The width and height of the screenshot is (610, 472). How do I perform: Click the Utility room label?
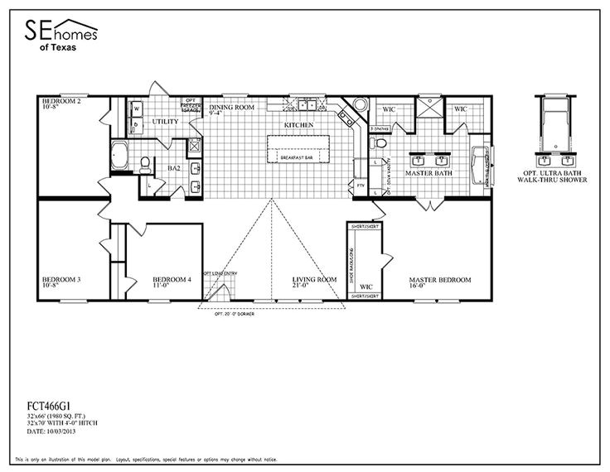[165, 121]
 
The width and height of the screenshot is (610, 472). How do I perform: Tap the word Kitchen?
[298, 124]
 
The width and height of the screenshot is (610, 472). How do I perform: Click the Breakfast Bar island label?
[298, 157]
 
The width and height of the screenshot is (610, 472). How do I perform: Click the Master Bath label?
[426, 174]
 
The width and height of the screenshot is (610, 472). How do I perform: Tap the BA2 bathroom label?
[174, 167]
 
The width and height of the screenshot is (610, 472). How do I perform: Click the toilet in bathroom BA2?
[145, 164]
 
